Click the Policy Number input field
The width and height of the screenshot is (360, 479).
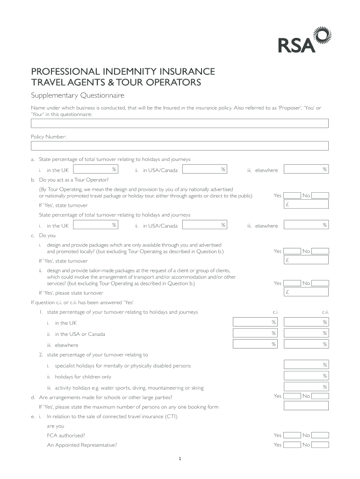(180, 146)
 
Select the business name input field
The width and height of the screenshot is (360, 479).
(180, 123)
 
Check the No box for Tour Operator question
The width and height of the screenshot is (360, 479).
(320, 196)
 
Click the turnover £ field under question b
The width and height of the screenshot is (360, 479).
(306, 205)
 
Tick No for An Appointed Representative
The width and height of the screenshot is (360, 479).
(320, 445)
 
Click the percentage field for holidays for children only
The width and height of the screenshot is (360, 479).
(306, 376)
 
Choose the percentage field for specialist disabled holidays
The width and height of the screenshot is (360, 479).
(306, 365)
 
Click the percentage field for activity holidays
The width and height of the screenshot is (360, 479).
(306, 387)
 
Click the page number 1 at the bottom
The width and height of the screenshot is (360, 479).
(180, 458)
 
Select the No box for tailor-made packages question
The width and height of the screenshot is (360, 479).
(320, 283)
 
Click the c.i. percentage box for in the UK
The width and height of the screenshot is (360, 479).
(255, 322)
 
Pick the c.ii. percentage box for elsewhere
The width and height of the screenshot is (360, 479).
(306, 345)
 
